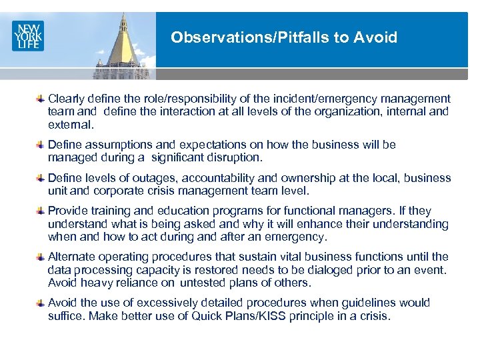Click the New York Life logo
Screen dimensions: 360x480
tap(27, 35)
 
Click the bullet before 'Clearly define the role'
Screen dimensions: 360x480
tap(41, 99)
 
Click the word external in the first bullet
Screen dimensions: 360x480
tap(70, 124)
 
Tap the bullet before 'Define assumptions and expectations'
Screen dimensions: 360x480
tap(41, 145)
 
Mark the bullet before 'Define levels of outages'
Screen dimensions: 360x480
tap(41, 178)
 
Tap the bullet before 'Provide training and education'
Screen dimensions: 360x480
tap(41, 211)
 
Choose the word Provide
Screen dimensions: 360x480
tap(67, 211)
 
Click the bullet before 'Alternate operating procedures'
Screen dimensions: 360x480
tap(41, 257)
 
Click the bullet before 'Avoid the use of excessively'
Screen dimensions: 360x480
tap(41, 303)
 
